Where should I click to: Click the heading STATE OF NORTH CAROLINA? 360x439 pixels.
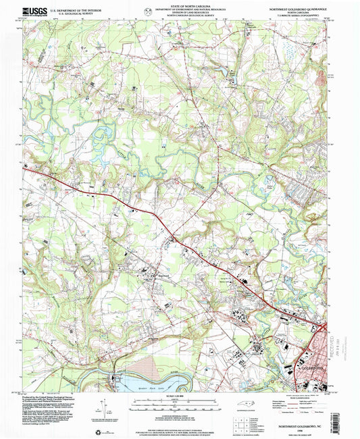click(x=180, y=5)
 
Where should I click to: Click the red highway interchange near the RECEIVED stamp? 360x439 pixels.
click(x=324, y=329)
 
